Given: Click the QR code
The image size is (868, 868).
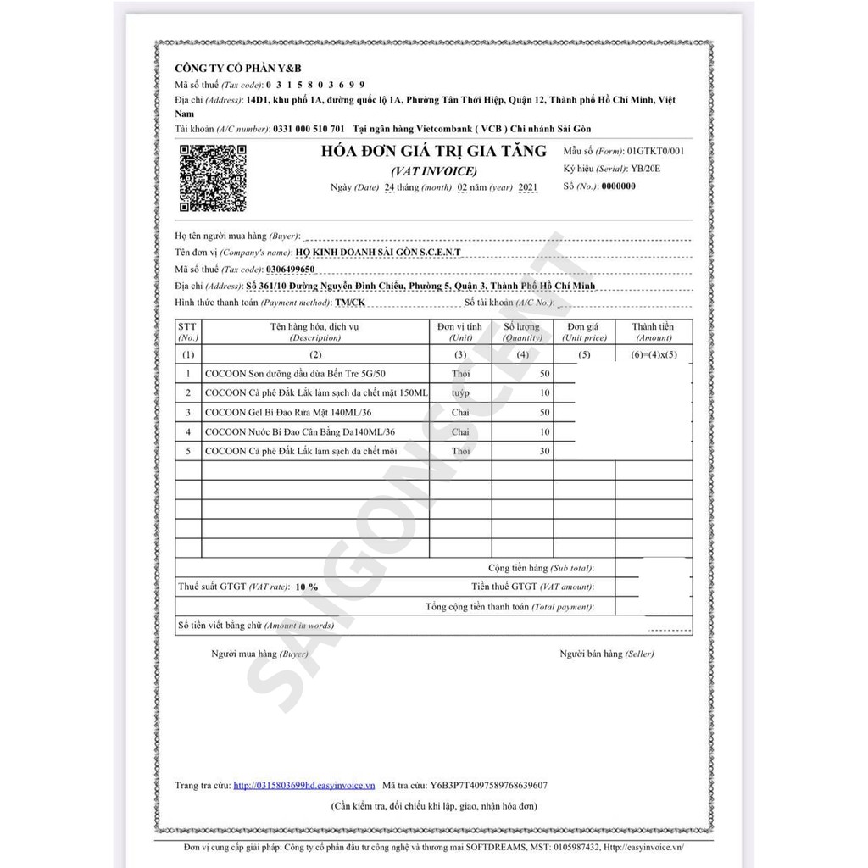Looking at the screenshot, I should (213, 177).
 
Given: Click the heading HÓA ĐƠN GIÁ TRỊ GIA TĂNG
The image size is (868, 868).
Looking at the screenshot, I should (432, 153).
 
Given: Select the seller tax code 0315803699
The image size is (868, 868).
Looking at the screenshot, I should (316, 85).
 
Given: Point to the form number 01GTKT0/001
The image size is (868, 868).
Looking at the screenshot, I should (649, 151).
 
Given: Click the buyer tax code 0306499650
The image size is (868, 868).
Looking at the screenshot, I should (290, 269).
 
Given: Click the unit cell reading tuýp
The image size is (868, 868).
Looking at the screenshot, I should (460, 393).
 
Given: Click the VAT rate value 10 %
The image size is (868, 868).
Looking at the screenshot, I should (306, 587).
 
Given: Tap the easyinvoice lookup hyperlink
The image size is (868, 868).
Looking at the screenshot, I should (304, 786).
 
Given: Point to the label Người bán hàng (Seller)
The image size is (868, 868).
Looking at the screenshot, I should (606, 654).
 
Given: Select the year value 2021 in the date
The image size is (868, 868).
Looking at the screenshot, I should (526, 186).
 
